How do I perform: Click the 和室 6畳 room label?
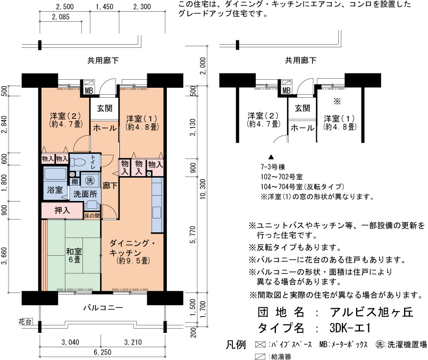click(74, 255)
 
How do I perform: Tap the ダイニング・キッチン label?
click(133, 248)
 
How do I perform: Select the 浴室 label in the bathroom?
click(55, 190)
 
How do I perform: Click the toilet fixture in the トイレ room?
click(78, 162)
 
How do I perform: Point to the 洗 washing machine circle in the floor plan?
click(89, 180)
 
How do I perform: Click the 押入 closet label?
click(62, 210)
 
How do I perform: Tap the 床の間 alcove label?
click(91, 215)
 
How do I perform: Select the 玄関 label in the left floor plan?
click(105, 108)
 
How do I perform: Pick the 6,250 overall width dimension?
click(103, 352)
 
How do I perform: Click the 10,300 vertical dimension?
click(203, 189)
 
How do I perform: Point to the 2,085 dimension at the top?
click(61, 17)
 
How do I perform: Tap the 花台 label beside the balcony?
click(25, 322)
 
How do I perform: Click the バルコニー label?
click(103, 308)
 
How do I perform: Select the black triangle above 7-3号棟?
click(271, 157)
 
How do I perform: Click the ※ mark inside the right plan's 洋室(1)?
click(337, 102)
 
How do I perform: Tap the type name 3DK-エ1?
click(350, 328)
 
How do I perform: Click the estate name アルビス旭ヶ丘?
click(372, 312)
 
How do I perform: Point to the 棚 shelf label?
click(74, 181)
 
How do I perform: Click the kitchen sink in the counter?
click(157, 212)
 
